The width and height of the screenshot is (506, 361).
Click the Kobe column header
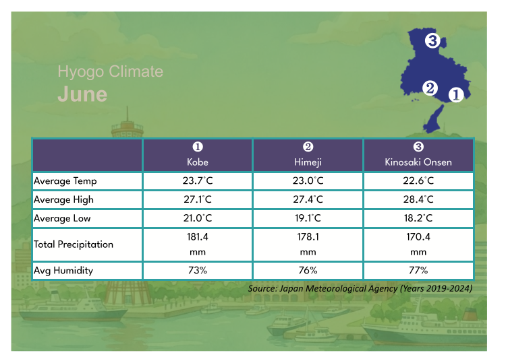point(198,155)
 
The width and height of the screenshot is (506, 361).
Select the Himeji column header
point(308,155)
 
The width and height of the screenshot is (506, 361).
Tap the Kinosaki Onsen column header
point(418,155)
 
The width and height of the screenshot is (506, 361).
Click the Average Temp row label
point(65,181)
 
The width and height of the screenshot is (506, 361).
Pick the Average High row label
point(64,200)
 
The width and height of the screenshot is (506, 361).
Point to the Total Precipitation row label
point(74,244)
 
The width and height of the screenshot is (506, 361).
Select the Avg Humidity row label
point(63,271)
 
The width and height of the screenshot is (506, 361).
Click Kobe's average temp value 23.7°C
point(198,181)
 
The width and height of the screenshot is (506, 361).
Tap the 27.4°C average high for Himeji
point(308,200)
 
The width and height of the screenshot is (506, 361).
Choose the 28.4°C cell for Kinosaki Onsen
point(418,200)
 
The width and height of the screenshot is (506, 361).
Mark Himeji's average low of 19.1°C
point(308,219)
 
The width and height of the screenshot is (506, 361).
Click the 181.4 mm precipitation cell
point(198,244)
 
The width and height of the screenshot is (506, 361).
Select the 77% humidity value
point(418,271)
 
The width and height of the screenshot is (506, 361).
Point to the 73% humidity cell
point(198,271)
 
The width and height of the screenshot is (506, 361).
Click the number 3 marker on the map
point(432,42)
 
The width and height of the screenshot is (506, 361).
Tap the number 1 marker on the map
point(455,95)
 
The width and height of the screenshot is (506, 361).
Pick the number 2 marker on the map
point(430,88)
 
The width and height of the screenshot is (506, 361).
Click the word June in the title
point(82,94)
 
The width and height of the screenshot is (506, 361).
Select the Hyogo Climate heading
point(110,71)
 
